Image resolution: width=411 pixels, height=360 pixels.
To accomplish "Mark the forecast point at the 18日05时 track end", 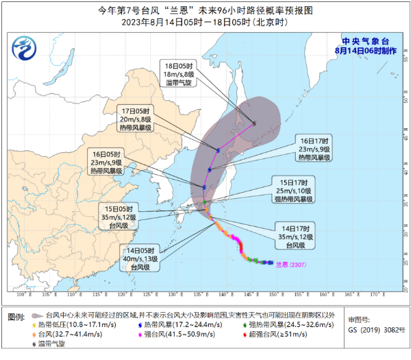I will (253, 124).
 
